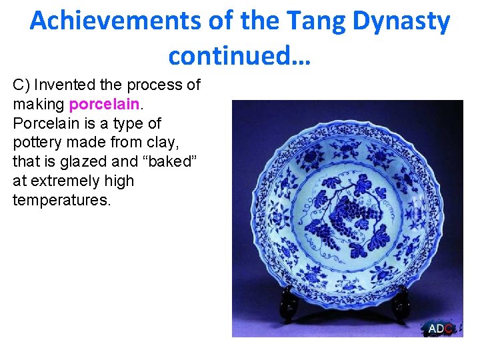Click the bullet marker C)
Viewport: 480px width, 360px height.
point(21,85)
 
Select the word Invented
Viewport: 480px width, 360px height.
point(63,85)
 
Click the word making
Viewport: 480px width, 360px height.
point(39,105)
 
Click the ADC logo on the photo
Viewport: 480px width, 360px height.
point(441,328)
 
